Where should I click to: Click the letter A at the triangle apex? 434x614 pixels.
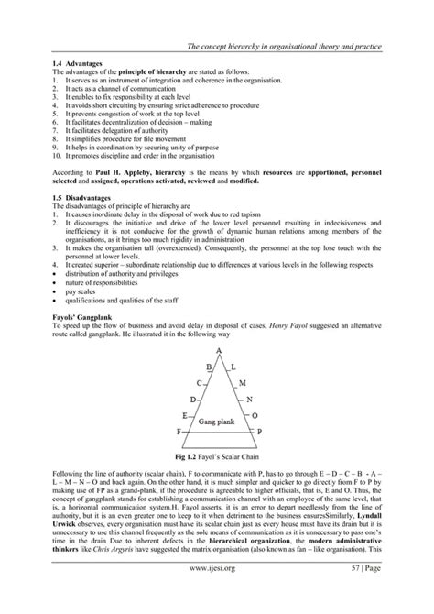(x=218, y=349)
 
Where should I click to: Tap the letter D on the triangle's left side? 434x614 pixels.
(x=191, y=400)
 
